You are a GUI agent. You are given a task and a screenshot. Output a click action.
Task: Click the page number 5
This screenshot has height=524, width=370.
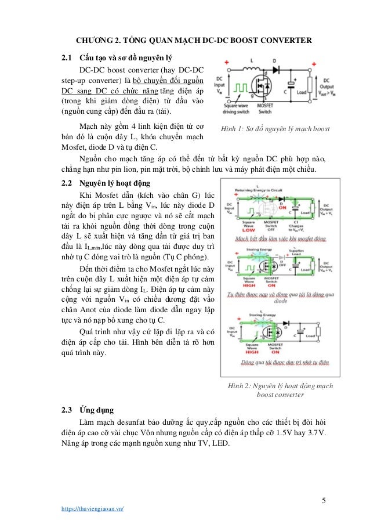click(x=325, y=500)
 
